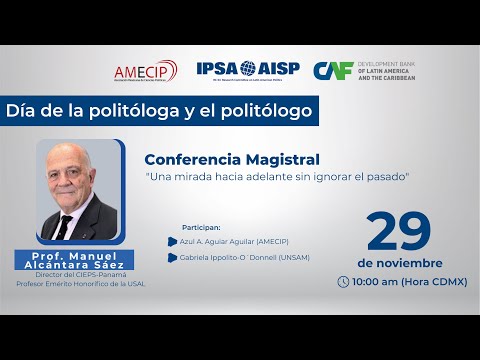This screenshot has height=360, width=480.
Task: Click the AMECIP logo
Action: (x=145, y=70)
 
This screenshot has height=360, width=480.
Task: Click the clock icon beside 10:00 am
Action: (x=344, y=282)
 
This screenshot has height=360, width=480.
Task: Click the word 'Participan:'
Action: (x=201, y=226)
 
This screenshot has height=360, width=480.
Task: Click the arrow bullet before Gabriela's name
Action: (x=174, y=258)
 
